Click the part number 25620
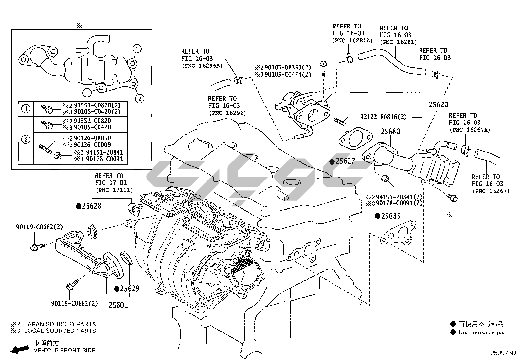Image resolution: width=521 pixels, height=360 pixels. (x=439, y=105)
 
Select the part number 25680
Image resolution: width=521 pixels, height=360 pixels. (x=390, y=132)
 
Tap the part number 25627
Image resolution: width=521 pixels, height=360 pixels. (x=345, y=161)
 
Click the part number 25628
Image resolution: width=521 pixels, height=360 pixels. (x=91, y=206)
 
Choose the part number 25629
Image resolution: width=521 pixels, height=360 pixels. (x=129, y=289)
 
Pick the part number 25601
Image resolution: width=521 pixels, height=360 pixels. (x=118, y=305)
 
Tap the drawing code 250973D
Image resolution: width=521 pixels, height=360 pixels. (x=503, y=353)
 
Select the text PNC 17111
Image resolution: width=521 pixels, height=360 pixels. (x=114, y=190)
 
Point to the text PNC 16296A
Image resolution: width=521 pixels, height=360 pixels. (x=202, y=66)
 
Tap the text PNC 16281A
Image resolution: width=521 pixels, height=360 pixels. (x=352, y=40)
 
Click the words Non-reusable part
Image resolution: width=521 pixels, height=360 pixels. (x=483, y=332)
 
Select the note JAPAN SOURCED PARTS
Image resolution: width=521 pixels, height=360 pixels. (x=60, y=324)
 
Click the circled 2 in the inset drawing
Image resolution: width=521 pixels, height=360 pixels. (x=140, y=98)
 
